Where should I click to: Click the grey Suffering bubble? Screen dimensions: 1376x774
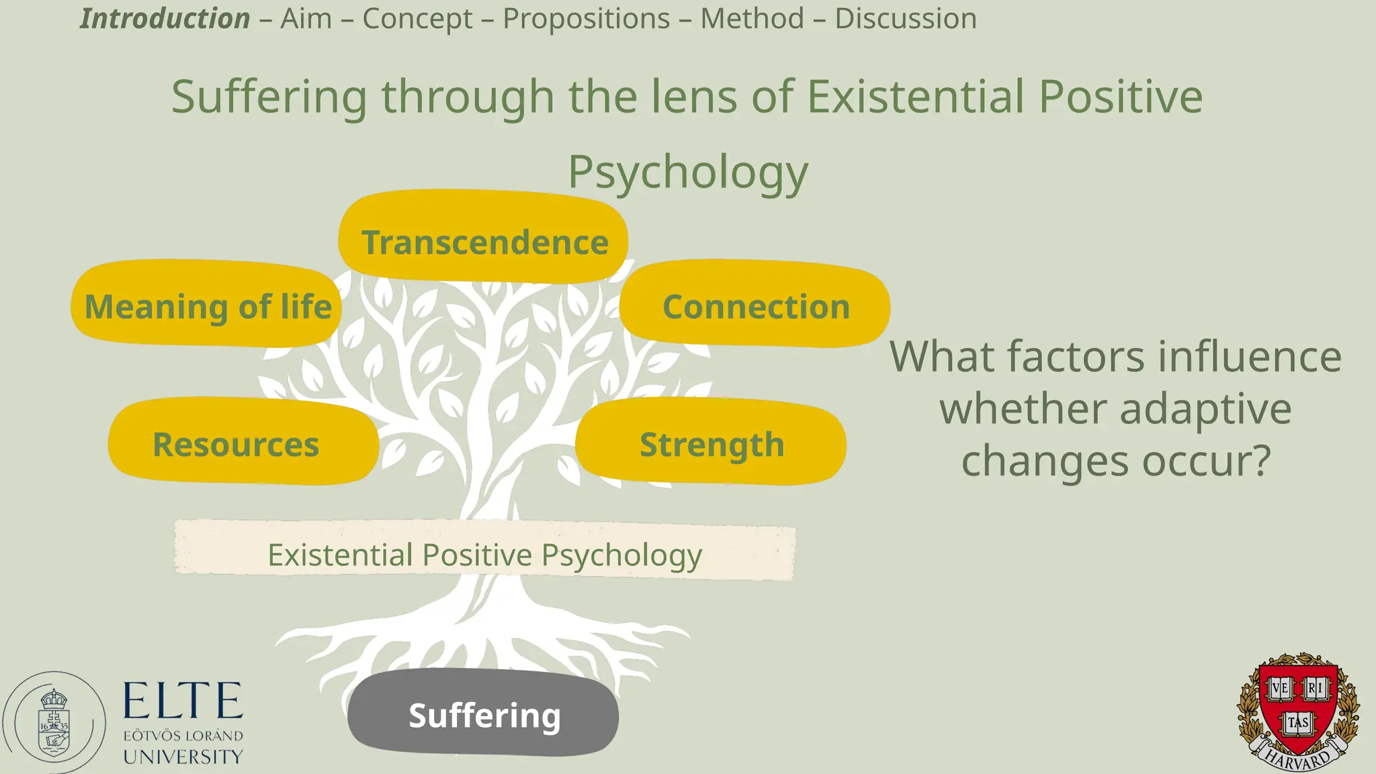coord(483,713)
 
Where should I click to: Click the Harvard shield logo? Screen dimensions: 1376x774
coord(1297,711)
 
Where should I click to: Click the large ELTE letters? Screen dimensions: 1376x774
coord(183,701)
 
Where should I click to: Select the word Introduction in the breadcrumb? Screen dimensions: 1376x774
coord(165,18)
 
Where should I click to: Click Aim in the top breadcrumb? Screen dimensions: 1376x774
coord(306,18)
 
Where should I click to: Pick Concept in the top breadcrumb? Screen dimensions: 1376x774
coord(417,18)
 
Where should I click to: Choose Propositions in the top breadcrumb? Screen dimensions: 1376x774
coord(586,18)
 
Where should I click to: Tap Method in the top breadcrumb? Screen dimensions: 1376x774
coord(752,18)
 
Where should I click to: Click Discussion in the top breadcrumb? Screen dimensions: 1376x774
coord(905,18)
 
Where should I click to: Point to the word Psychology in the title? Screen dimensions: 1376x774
coord(688,172)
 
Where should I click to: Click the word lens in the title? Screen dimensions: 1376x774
coord(693,96)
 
